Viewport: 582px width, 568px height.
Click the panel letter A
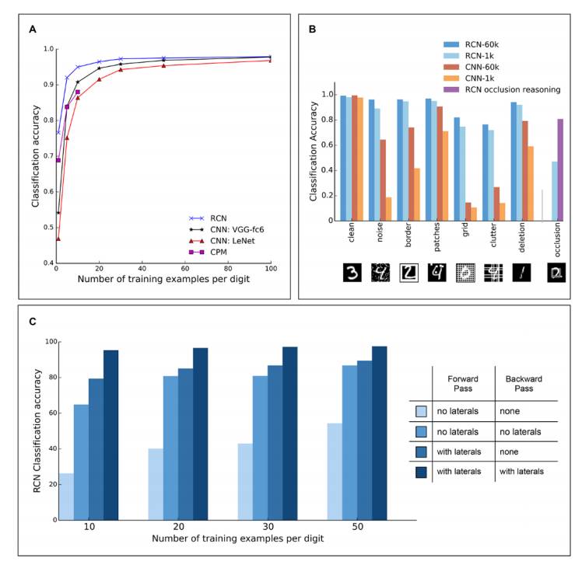pos(33,30)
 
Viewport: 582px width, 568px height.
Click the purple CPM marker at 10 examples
pos(78,92)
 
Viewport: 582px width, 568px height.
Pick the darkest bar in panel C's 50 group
pos(379,433)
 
